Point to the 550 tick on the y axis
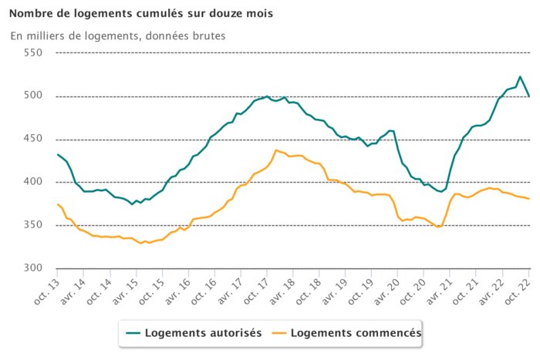(32, 53)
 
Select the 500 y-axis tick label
(32, 96)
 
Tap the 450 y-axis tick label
(32, 140)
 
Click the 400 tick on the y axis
(32, 182)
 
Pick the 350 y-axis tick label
(32, 225)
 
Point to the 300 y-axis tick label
(32, 268)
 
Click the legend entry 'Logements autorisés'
(203, 333)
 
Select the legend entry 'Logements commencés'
(361, 333)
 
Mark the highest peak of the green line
(520, 76)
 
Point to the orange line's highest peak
(276, 150)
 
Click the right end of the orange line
(529, 199)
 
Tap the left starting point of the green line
(57, 154)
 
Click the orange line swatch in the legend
(288, 333)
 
